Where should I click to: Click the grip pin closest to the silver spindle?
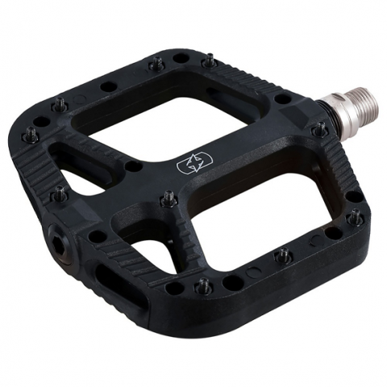319,129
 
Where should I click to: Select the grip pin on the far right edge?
355,217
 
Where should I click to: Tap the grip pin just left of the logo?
169,197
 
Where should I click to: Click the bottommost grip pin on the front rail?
203,285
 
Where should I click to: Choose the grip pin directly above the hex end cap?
60,193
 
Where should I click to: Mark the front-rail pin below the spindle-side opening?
282,256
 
